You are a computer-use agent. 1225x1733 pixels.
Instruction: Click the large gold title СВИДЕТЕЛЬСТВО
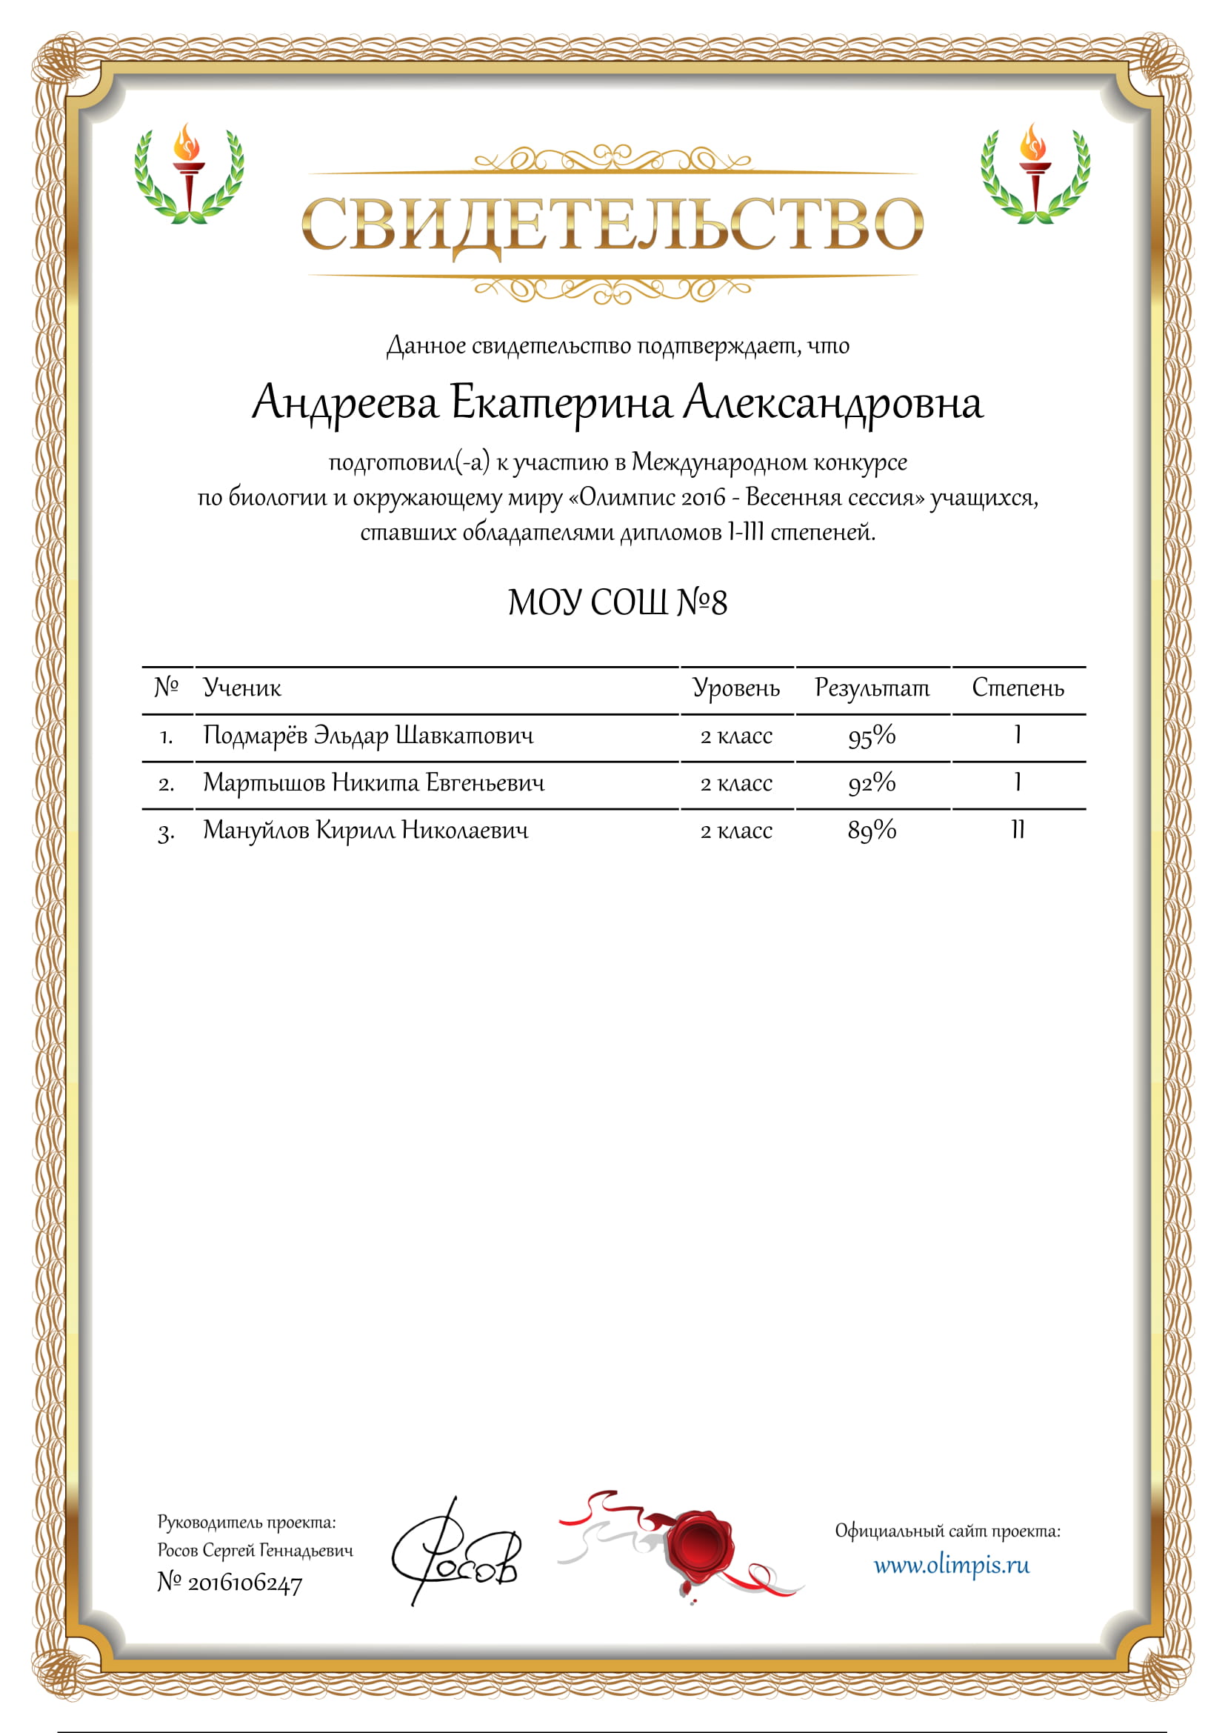[612, 224]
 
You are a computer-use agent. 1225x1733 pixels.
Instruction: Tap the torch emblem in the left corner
[189, 174]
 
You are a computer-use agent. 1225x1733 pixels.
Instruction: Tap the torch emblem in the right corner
[1035, 174]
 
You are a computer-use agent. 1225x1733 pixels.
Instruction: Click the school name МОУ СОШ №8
[617, 603]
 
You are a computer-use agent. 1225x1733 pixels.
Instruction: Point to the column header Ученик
[242, 688]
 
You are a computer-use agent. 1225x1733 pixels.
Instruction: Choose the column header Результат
[872, 688]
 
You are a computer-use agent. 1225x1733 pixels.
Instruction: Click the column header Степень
[1018, 688]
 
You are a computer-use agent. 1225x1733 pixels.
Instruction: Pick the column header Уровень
[736, 688]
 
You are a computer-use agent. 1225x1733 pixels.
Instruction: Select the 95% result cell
[872, 736]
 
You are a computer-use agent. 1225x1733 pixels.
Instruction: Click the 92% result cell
[872, 783]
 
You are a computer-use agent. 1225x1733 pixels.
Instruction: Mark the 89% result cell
[872, 831]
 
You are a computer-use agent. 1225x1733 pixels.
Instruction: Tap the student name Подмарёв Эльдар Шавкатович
[368, 735]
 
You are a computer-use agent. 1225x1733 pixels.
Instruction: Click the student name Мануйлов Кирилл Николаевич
[366, 831]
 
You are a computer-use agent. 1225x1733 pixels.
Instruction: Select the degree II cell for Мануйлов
[1018, 831]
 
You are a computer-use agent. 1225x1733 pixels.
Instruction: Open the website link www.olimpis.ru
[951, 1566]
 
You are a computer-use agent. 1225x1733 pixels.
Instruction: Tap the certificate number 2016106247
[244, 1583]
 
